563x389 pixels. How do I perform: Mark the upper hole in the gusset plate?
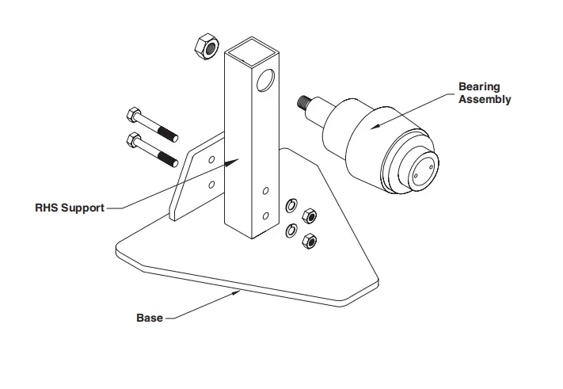pyautogui.click(x=211, y=159)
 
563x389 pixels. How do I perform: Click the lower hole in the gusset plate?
pyautogui.click(x=211, y=184)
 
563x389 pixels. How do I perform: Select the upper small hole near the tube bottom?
pyautogui.click(x=265, y=190)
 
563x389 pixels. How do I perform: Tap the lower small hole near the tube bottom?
pyautogui.click(x=265, y=215)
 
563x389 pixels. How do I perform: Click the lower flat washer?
pyautogui.click(x=291, y=231)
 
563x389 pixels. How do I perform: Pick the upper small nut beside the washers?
pyautogui.click(x=310, y=215)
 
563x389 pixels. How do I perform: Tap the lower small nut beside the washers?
pyautogui.click(x=309, y=241)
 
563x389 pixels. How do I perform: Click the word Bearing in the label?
pyautogui.click(x=480, y=86)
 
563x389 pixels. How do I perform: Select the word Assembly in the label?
pyautogui.click(x=484, y=99)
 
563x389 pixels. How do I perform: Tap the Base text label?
pyautogui.click(x=149, y=318)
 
